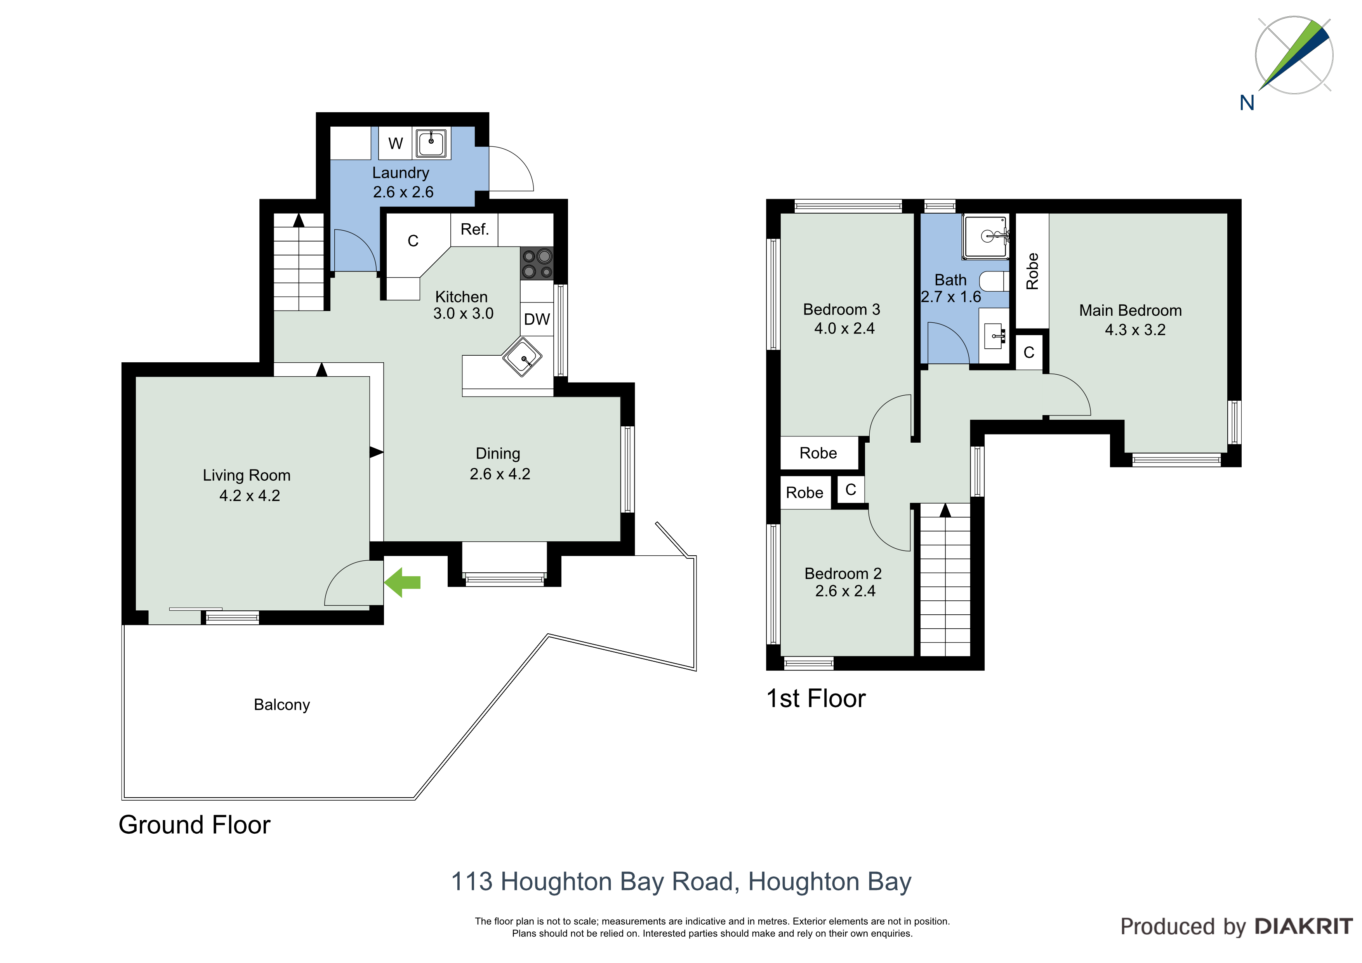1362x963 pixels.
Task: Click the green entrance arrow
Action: tap(402, 582)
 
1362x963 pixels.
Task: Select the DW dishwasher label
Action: tap(537, 319)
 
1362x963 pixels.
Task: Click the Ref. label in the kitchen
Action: tap(474, 229)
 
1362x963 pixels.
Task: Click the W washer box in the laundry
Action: tap(395, 143)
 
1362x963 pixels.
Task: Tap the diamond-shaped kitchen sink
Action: tap(522, 356)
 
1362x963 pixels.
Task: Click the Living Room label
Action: tap(247, 475)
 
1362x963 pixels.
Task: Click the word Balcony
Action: tap(282, 705)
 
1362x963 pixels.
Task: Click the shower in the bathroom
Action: tap(986, 237)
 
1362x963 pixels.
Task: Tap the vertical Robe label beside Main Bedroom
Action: tap(1032, 271)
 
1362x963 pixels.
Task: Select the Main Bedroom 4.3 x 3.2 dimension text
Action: tap(1135, 330)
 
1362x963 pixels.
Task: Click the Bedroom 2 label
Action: tap(843, 574)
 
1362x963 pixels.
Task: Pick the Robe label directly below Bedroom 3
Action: tap(818, 453)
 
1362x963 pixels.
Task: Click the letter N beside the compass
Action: tap(1247, 103)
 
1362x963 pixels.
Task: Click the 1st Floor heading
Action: tap(816, 699)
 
